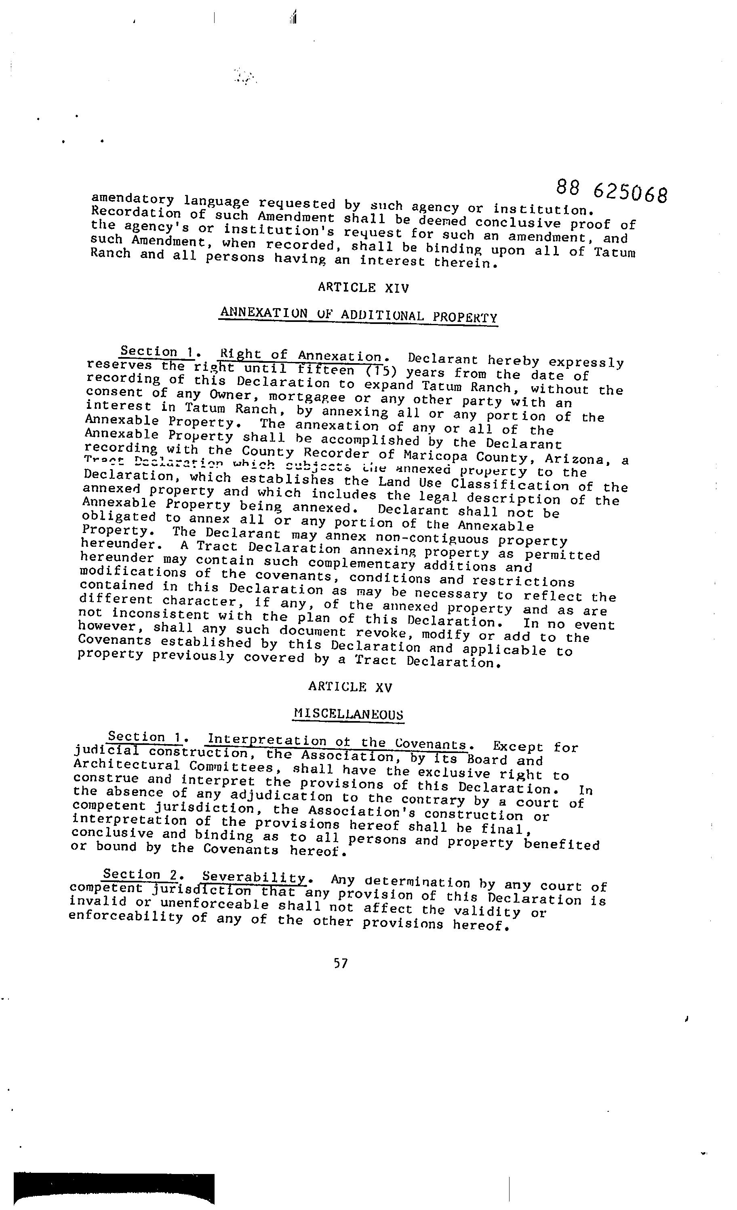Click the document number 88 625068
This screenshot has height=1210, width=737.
611,190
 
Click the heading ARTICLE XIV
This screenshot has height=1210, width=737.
363,287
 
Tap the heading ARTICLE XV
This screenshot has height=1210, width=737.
350,687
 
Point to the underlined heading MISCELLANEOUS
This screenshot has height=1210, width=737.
348,713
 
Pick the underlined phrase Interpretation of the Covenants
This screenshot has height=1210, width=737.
337,742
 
